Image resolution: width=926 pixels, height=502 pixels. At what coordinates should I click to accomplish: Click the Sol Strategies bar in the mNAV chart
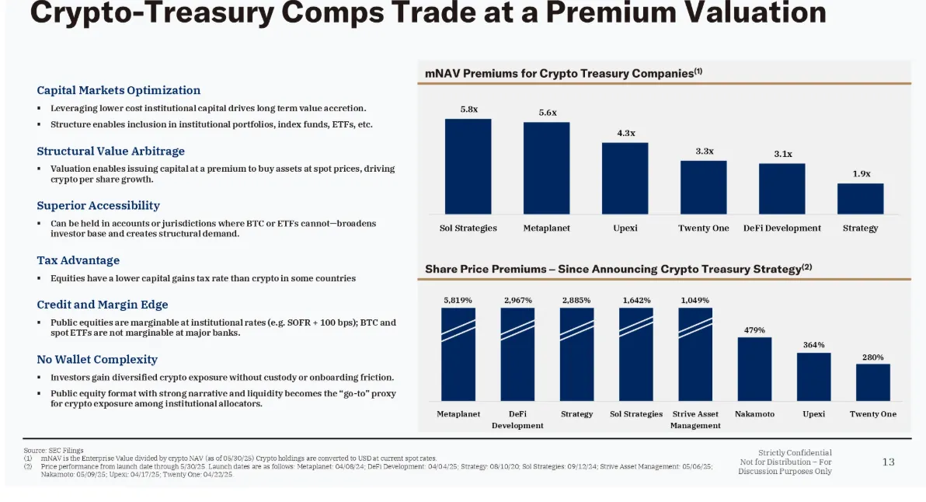468,166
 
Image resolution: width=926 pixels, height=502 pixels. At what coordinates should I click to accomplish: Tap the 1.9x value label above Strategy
861,174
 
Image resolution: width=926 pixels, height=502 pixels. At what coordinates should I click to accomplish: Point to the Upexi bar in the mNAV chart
625,178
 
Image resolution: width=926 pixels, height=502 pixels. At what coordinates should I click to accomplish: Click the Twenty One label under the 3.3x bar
704,228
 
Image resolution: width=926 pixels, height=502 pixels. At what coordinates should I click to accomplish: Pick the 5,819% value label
458,300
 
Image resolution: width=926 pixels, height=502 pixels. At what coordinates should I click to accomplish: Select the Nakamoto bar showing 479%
754,369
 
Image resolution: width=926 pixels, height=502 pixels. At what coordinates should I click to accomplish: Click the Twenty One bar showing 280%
872,382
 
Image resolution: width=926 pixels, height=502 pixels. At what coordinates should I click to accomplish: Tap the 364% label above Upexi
813,345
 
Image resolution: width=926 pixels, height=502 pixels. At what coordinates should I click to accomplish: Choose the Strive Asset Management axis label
695,420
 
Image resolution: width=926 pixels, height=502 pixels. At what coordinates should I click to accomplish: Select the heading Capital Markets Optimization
119,90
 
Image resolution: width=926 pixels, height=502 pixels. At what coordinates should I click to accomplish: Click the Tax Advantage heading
78,260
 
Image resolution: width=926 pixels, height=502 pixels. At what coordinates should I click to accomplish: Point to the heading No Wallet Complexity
97,359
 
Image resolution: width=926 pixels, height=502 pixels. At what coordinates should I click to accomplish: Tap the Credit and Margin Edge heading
103,305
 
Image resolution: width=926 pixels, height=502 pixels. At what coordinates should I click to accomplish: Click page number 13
888,462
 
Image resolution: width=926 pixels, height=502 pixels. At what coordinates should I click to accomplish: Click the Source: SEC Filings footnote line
54,450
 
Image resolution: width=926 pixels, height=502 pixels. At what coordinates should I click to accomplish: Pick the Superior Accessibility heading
99,205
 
